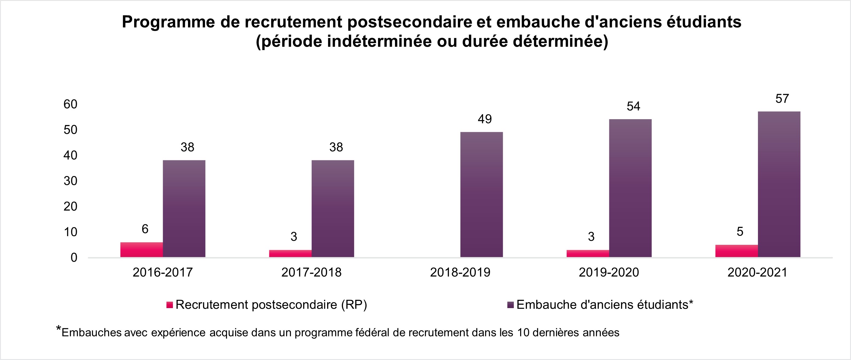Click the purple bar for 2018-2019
tap(481, 194)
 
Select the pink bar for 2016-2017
tap(141, 250)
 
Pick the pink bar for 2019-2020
tap(588, 253)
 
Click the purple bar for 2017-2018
tap(333, 209)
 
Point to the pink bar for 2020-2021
tap(736, 251)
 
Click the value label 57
tap(782, 99)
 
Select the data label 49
tap(485, 119)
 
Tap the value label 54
tap(633, 106)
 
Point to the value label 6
tap(145, 229)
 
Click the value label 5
tap(740, 232)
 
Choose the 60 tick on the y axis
tap(70, 104)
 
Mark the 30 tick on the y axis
tap(70, 181)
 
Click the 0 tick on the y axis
tap(74, 258)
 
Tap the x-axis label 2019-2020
tap(609, 272)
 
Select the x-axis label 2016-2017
tap(162, 272)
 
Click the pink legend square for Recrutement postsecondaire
tap(170, 305)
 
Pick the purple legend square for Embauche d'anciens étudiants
tap(511, 305)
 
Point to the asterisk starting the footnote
tap(58, 329)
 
